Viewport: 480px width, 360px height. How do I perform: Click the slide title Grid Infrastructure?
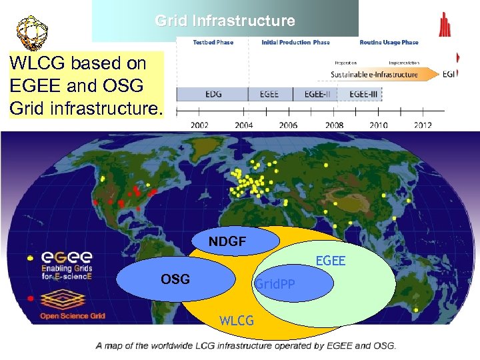[x=225, y=21]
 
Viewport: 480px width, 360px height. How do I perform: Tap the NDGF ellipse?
[x=227, y=241]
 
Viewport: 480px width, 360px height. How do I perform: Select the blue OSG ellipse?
[x=176, y=279]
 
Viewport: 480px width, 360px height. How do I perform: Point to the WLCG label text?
[x=237, y=321]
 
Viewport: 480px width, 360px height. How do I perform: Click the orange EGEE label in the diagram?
[x=330, y=261]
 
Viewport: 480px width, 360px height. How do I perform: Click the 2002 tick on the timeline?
[x=199, y=125]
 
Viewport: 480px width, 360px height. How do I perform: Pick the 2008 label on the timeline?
[x=334, y=125]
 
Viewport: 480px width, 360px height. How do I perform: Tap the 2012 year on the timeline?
[x=423, y=125]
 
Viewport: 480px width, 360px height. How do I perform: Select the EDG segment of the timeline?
[x=213, y=94]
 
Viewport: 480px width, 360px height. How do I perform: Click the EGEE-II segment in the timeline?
[x=315, y=94]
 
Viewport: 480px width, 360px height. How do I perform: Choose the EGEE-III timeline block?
[x=363, y=94]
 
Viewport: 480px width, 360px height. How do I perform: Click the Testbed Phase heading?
[x=213, y=42]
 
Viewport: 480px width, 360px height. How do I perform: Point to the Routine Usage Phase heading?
[x=389, y=42]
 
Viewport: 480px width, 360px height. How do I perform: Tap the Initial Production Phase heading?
[x=295, y=42]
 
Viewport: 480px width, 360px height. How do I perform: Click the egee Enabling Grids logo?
[x=67, y=265]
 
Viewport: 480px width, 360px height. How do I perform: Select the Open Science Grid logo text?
[x=73, y=315]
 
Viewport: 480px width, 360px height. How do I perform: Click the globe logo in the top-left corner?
[x=27, y=30]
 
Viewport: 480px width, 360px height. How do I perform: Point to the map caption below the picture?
[x=246, y=345]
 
